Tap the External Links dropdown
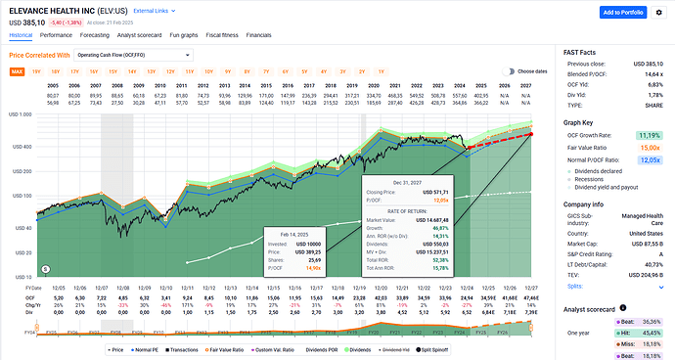click(153, 10)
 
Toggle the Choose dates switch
click(510, 71)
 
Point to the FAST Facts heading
click(583, 50)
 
